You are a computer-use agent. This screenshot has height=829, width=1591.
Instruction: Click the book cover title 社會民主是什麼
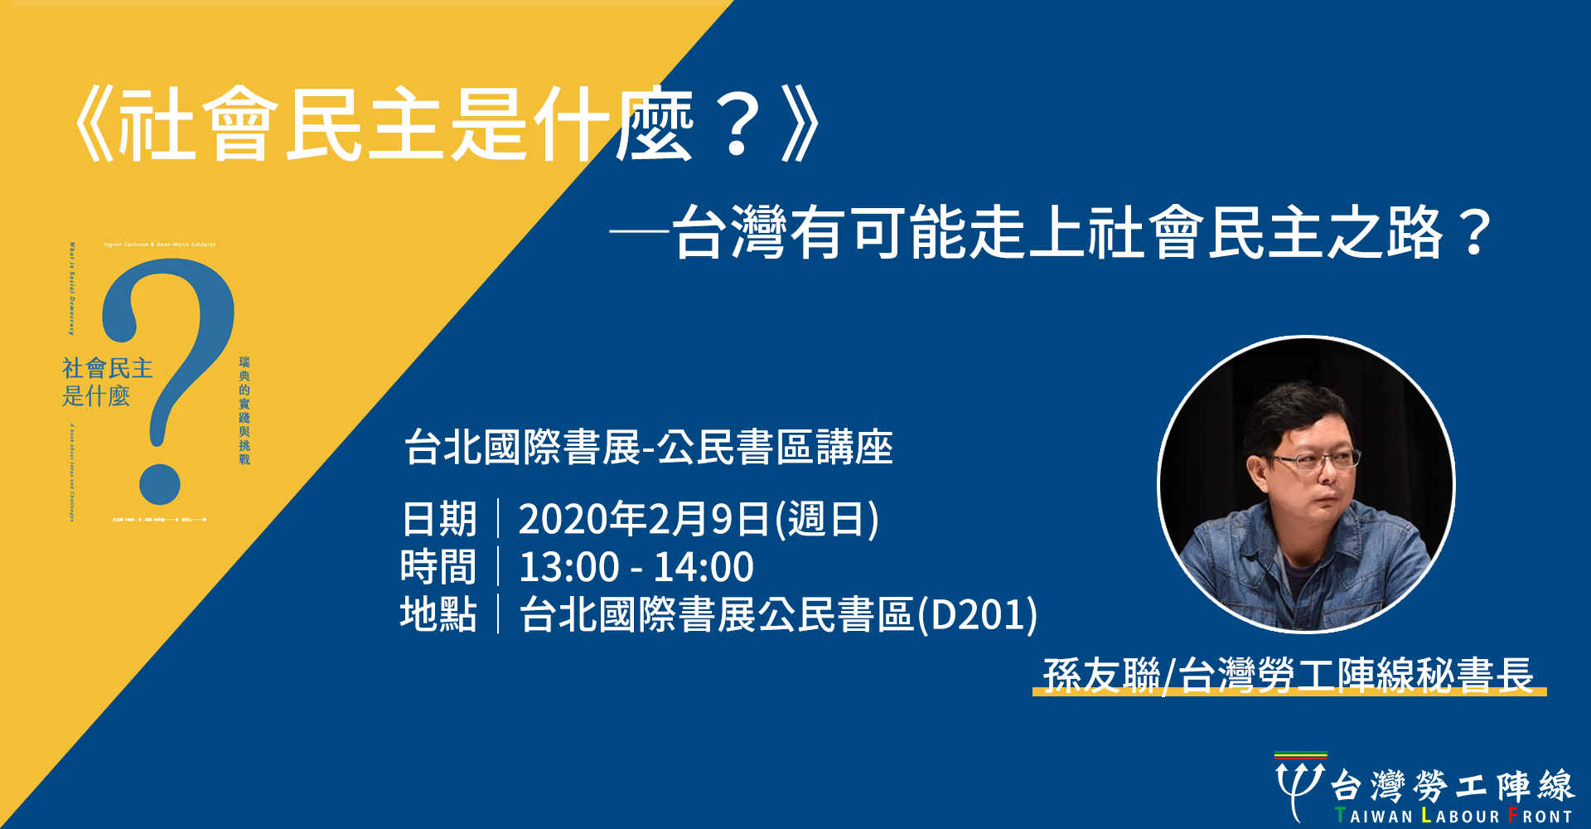pyautogui.click(x=107, y=381)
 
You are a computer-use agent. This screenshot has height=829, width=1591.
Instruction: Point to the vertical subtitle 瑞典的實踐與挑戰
pyautogui.click(x=244, y=410)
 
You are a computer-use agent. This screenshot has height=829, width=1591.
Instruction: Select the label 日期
pyautogui.click(x=439, y=520)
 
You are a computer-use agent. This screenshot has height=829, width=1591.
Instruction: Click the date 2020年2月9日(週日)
pyautogui.click(x=698, y=520)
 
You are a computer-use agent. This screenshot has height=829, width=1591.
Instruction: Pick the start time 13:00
pyautogui.click(x=568, y=568)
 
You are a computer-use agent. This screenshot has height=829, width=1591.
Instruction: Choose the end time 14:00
pyautogui.click(x=704, y=568)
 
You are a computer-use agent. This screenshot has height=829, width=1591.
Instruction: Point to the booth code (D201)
pyautogui.click(x=978, y=614)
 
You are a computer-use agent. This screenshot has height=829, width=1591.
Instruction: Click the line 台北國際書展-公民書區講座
pyautogui.click(x=648, y=448)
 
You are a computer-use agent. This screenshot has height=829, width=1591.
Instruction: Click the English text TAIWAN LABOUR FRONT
pyautogui.click(x=1453, y=816)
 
